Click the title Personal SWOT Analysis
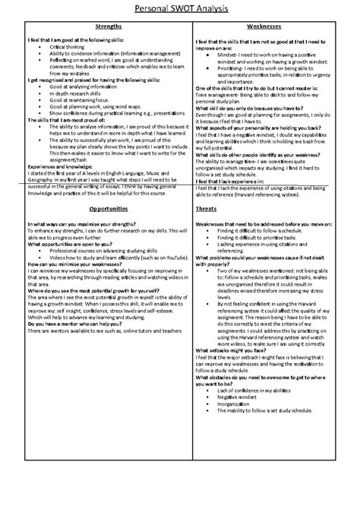coord(179,8)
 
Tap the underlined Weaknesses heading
coord(267,27)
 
